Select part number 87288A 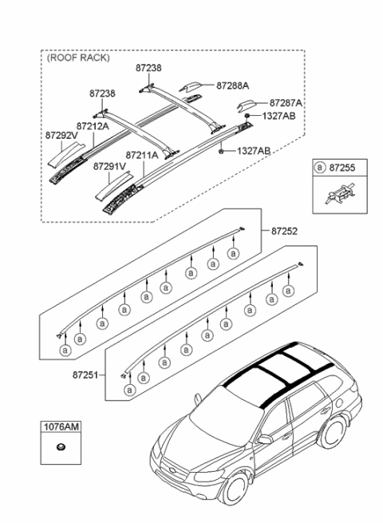tap(232, 84)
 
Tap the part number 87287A tap(286, 103)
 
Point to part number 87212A tap(93, 125)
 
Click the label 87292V tap(61, 137)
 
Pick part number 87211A tap(143, 156)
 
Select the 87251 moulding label tap(85, 373)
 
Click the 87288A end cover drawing tap(191, 87)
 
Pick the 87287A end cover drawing tap(245, 105)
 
